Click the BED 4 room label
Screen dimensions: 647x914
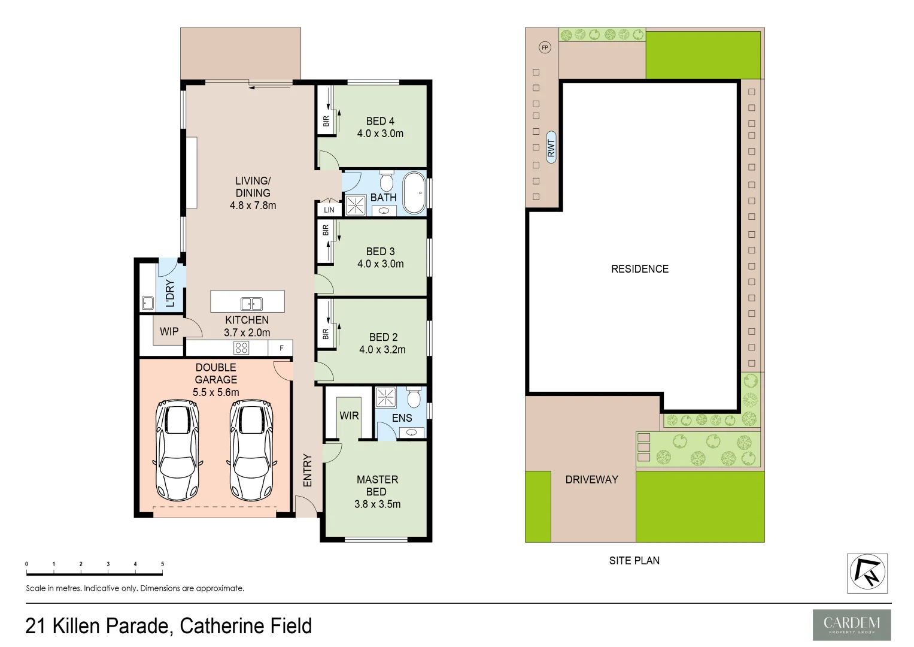380,121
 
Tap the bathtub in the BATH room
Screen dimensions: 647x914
414,193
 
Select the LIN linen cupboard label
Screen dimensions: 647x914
329,210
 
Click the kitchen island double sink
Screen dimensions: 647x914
251,304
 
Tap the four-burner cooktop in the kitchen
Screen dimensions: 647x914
241,347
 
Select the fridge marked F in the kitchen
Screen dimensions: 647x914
281,348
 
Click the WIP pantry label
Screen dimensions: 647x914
169,331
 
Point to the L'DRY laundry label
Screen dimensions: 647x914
170,293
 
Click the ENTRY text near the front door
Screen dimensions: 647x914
308,470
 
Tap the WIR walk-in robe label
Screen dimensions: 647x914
349,415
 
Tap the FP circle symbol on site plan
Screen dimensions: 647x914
545,47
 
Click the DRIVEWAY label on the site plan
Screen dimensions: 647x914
591,479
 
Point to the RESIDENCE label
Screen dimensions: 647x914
639,269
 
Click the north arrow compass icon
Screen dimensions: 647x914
867,573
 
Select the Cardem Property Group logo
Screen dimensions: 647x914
851,625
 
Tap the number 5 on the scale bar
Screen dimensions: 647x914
162,564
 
